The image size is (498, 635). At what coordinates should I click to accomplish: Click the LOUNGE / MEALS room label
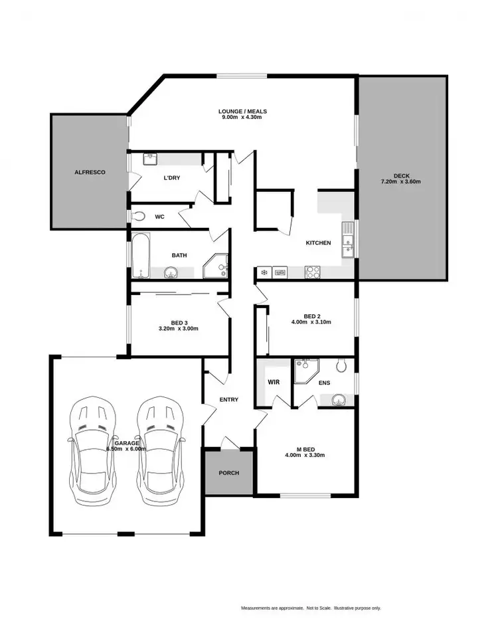[x=243, y=111]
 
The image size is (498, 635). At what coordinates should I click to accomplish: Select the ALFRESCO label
[x=89, y=172]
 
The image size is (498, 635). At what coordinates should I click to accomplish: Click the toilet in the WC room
[x=139, y=216]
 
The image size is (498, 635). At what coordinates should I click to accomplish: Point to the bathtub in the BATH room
[x=140, y=255]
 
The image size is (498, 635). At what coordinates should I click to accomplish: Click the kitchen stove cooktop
[x=313, y=272]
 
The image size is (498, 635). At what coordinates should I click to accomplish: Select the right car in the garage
[x=159, y=449]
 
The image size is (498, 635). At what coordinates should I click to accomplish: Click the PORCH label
[x=228, y=473]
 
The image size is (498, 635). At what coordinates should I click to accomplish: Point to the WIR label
[x=274, y=383]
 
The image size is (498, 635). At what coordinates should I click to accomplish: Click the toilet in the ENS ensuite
[x=342, y=365]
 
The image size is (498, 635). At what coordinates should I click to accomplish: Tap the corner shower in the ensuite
[x=305, y=371]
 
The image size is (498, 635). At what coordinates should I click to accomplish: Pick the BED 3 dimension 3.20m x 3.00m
[x=179, y=329]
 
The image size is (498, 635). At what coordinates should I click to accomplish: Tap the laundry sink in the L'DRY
[x=150, y=159]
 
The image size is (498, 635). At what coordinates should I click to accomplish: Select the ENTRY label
[x=228, y=399]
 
